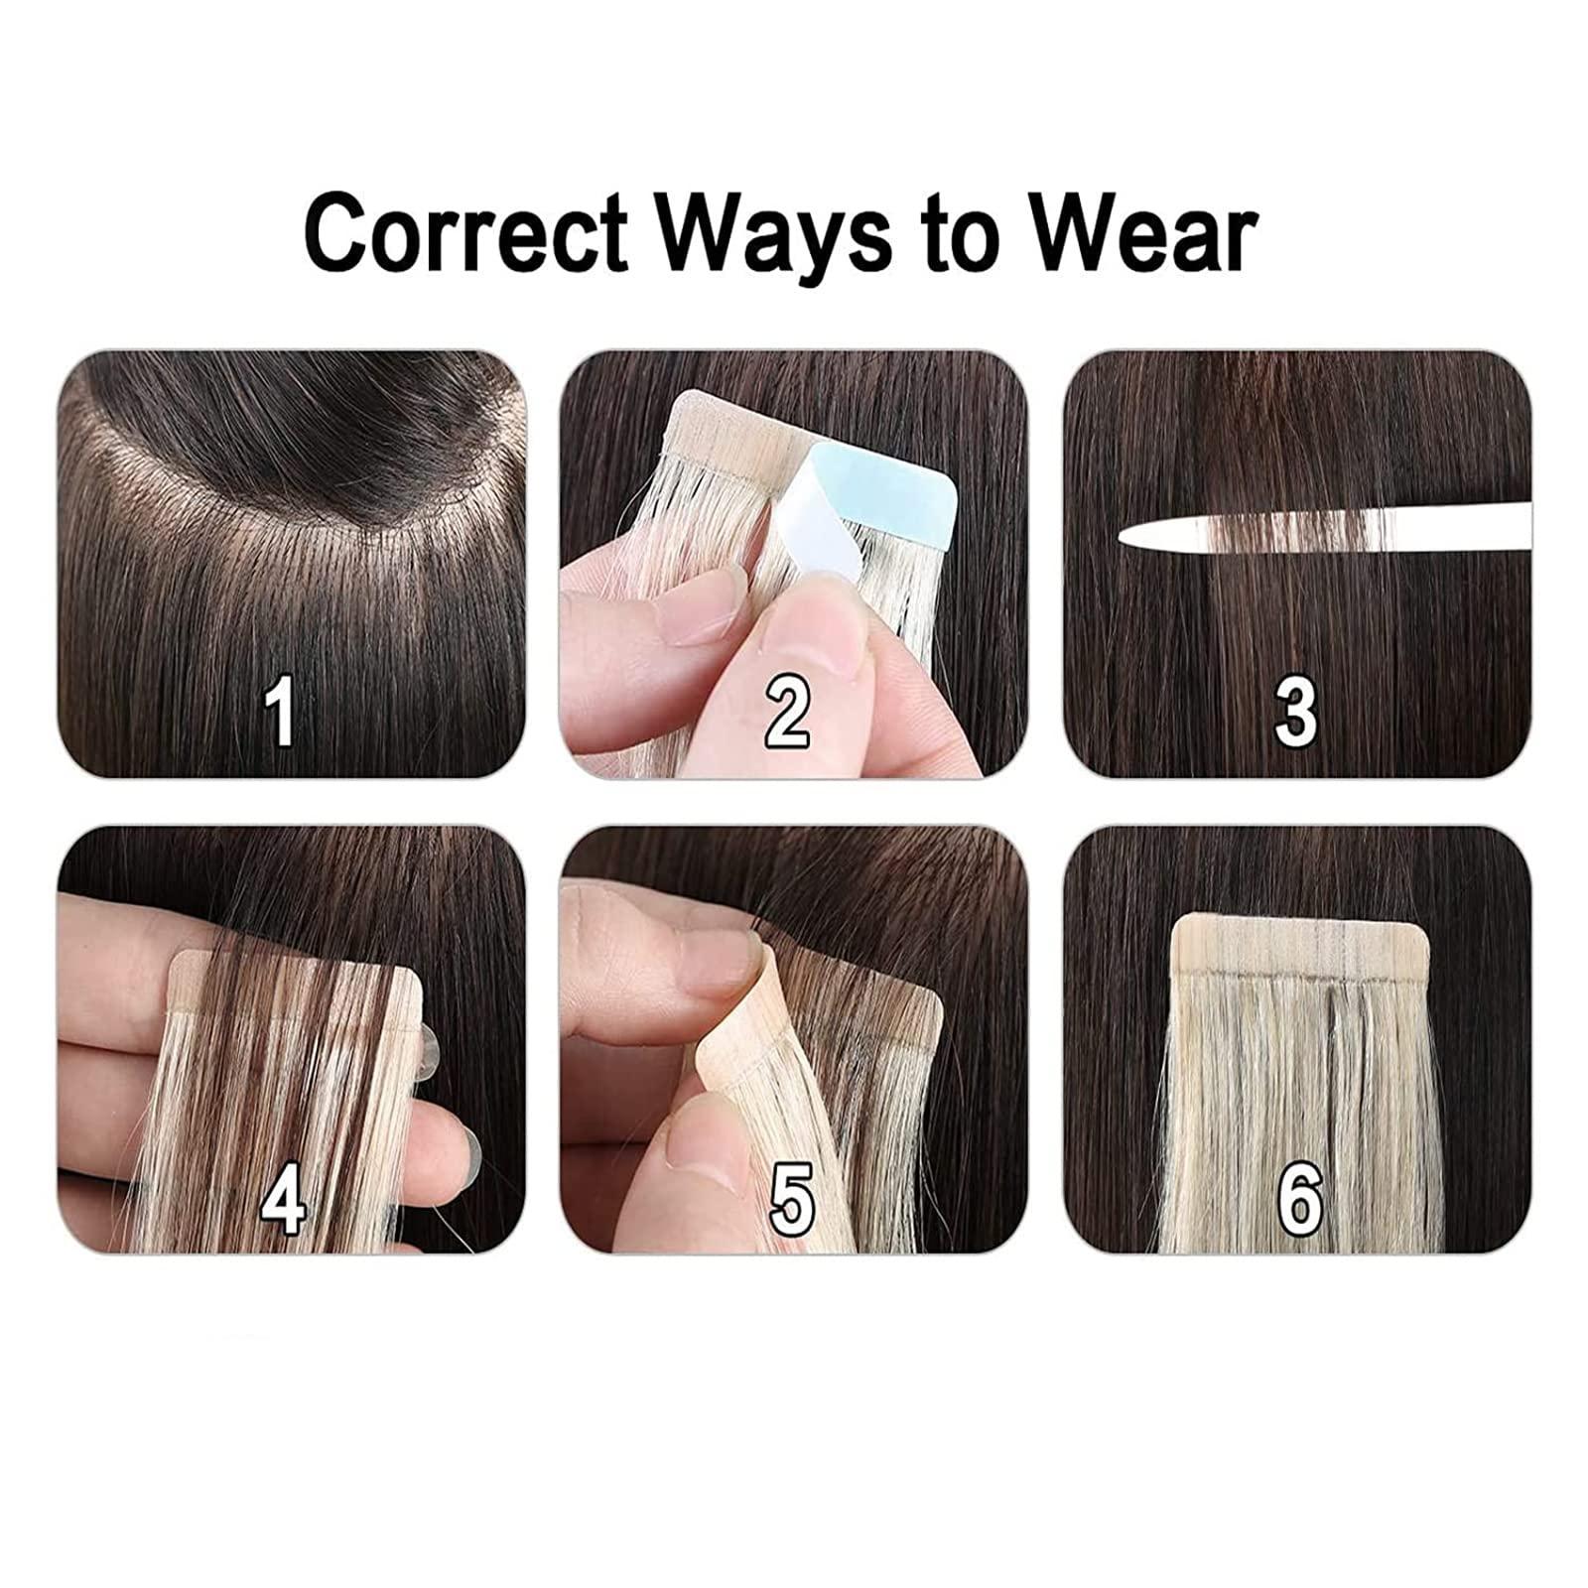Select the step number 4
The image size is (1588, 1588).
click(282, 1199)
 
